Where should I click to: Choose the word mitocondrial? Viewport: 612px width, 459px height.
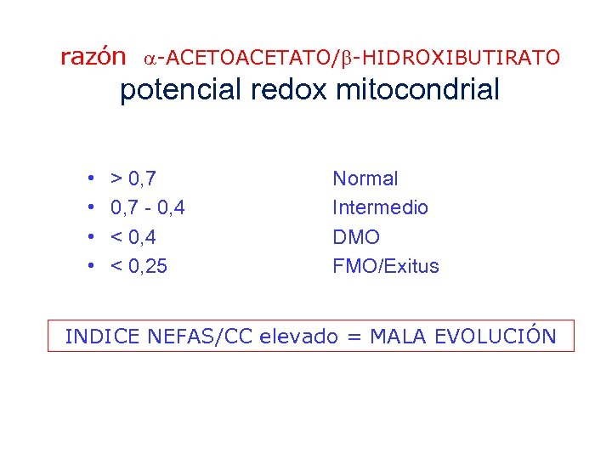[x=418, y=91]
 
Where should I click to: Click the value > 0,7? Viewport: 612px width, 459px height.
[x=133, y=178]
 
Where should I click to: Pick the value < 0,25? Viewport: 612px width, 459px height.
[x=139, y=266]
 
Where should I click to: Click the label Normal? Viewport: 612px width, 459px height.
[x=365, y=178]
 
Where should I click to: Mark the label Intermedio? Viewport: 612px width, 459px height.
[x=380, y=207]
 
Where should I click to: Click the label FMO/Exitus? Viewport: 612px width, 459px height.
[x=386, y=266]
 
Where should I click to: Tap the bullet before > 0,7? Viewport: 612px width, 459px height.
[x=90, y=179]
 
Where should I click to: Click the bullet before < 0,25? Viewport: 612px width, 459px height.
[x=90, y=267]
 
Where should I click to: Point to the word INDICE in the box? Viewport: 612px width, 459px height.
[x=102, y=337]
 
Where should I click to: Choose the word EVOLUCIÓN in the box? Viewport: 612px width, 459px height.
[x=495, y=336]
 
